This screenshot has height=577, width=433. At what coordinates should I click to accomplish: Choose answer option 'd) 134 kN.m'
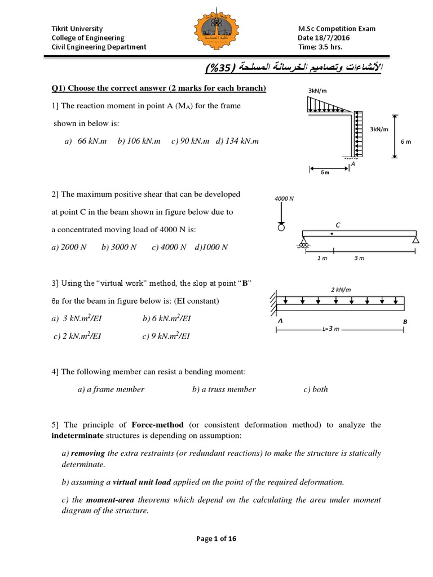click(x=237, y=141)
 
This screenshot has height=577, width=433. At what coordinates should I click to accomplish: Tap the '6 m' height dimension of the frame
click(x=405, y=141)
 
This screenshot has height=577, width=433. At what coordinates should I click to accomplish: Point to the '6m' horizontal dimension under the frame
click(x=325, y=172)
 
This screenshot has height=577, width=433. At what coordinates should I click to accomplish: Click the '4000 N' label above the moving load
click(x=281, y=198)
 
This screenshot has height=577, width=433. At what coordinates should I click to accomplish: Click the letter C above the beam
click(x=338, y=224)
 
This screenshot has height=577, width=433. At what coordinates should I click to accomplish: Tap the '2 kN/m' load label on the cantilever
click(x=341, y=290)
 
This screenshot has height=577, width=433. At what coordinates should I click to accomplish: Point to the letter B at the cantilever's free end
click(x=404, y=321)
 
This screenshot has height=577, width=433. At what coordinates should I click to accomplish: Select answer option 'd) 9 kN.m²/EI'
click(x=166, y=336)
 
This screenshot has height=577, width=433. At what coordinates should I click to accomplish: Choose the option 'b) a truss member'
click(x=224, y=389)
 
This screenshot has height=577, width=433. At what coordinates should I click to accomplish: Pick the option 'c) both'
click(x=315, y=389)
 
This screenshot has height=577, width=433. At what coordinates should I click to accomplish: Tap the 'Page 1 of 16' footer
click(x=216, y=538)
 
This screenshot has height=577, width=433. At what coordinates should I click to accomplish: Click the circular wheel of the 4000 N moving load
click(x=281, y=228)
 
